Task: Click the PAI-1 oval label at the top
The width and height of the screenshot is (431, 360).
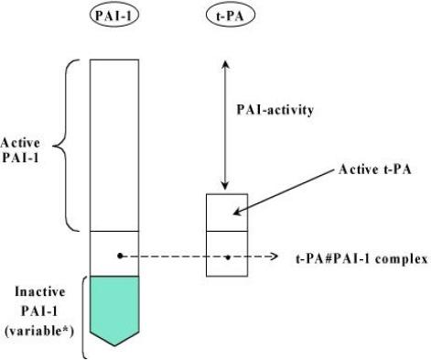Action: [114, 16]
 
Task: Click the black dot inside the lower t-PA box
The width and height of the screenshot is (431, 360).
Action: [228, 256]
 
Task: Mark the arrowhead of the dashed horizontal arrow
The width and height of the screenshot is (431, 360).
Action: [275, 256]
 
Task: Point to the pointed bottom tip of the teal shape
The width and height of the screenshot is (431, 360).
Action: [114, 345]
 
